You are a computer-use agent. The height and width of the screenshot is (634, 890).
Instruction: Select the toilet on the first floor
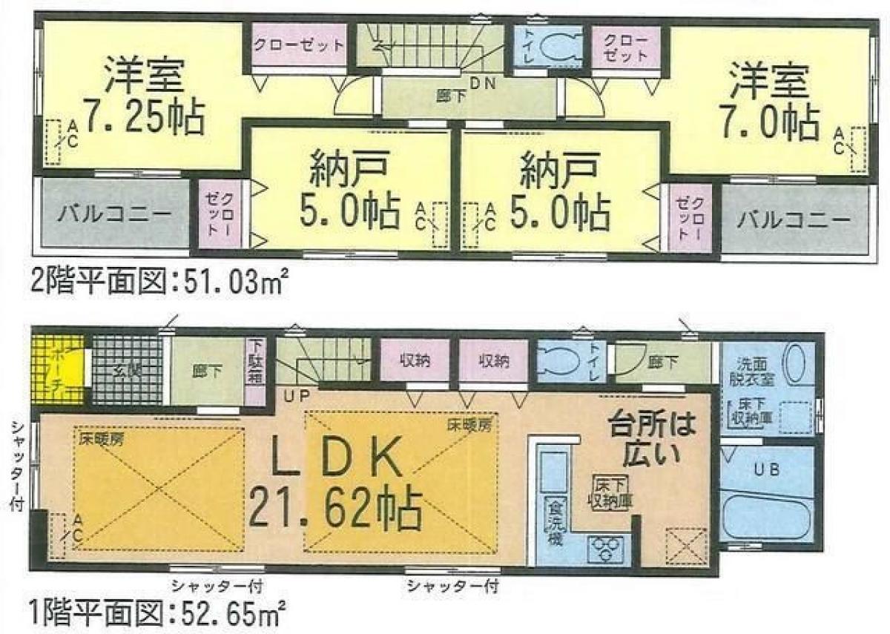tap(561, 361)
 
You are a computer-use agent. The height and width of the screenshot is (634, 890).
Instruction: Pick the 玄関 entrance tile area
tap(126, 370)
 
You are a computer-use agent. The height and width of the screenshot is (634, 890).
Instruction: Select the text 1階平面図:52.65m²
tap(159, 613)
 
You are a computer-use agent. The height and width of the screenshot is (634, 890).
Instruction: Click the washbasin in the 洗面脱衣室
tap(798, 364)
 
